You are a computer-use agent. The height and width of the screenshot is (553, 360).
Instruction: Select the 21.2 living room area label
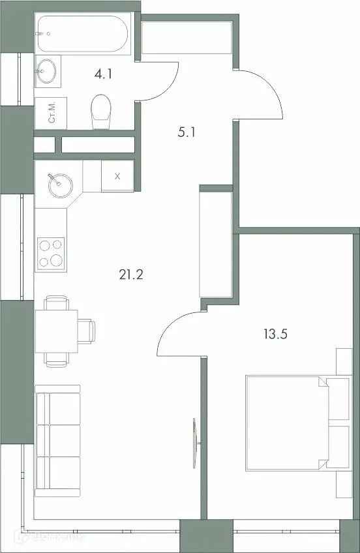point(130,274)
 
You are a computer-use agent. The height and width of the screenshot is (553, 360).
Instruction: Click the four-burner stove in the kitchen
point(52,253)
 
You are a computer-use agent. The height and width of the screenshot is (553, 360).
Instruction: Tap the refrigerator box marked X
point(117,176)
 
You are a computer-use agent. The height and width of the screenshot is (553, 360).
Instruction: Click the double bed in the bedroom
point(288,422)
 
